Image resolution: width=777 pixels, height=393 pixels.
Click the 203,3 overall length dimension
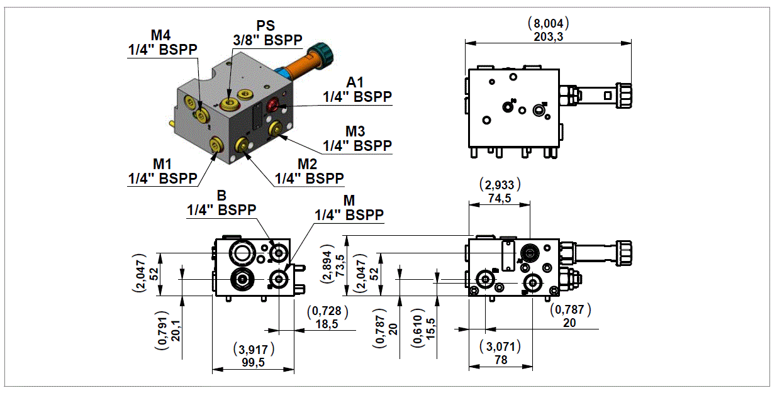[547, 37]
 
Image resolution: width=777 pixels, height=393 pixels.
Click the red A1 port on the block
[274, 104]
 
